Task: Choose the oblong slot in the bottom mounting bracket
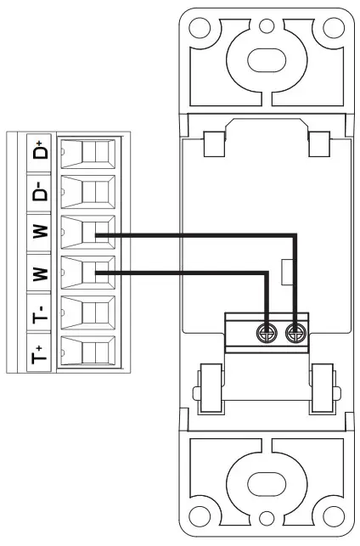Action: pos(266,486)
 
